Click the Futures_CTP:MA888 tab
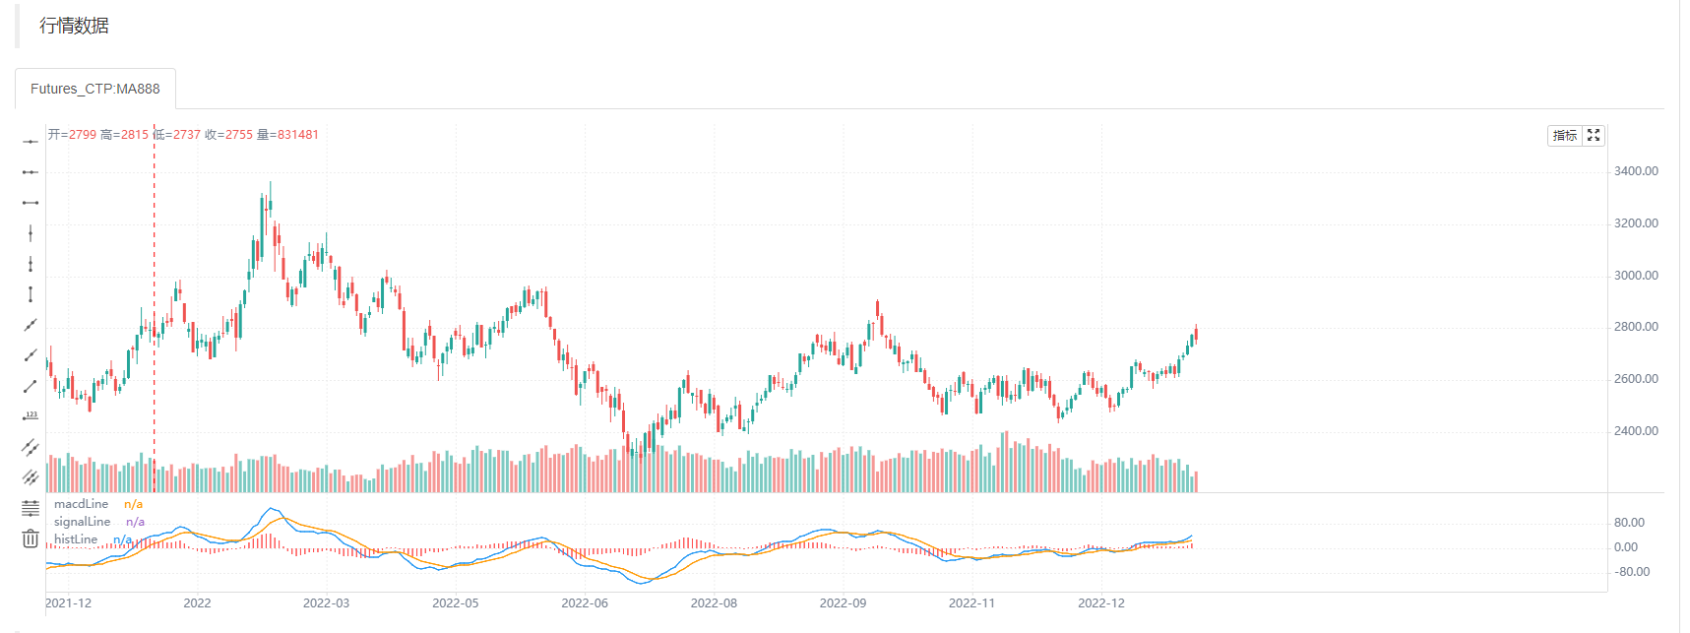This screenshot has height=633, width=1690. point(94,89)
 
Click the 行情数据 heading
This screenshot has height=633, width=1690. point(74,26)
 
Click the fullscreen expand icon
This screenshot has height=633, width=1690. point(1594,136)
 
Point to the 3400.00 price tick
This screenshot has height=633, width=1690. point(1636,171)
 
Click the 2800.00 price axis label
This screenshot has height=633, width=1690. point(1636,327)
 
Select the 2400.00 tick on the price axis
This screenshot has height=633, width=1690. point(1636,431)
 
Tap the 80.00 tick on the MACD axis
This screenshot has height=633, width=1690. point(1629,523)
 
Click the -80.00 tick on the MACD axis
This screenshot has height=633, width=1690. point(1631,572)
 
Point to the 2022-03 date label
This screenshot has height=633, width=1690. point(326,603)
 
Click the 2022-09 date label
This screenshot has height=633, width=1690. point(843,603)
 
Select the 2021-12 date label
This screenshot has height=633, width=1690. point(69,603)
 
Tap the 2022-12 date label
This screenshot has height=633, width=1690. point(1100,603)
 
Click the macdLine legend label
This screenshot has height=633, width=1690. point(82,504)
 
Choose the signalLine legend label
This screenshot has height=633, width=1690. point(83,522)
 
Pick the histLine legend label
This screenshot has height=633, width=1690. point(76,539)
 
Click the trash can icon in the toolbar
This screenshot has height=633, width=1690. point(31,538)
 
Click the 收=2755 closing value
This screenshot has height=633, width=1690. point(228,135)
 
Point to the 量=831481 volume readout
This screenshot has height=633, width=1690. point(287,135)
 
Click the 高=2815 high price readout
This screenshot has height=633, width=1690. point(124,135)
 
